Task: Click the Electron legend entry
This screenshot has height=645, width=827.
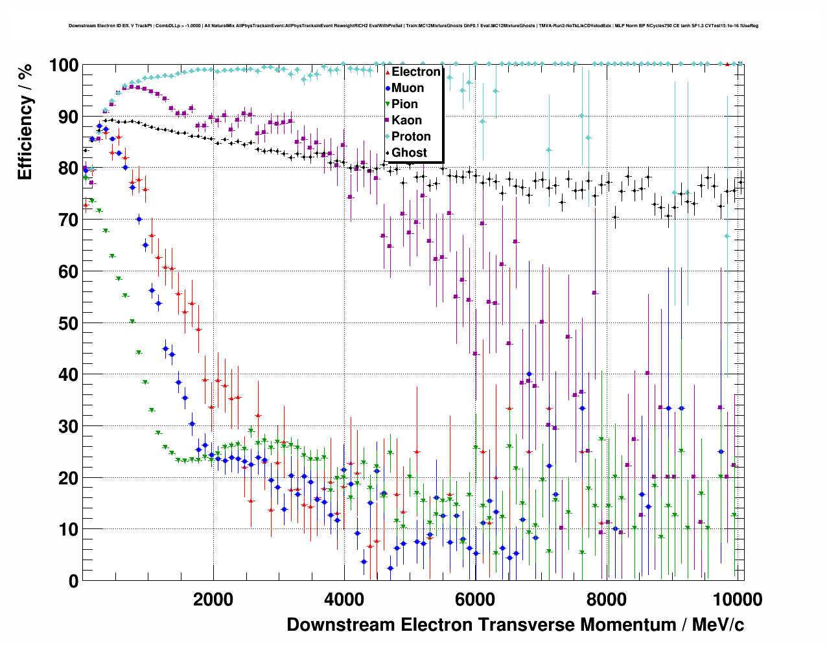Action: pos(415,72)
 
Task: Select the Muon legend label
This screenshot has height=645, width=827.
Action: pos(408,88)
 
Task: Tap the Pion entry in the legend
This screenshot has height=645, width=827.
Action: pos(404,104)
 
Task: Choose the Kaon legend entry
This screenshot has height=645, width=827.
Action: pos(406,120)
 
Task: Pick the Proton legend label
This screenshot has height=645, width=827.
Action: pos(411,137)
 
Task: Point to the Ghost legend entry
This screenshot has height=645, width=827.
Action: pos(409,153)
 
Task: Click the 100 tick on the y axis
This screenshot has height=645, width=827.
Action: pos(64,65)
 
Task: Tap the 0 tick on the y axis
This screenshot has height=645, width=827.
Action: pos(73,581)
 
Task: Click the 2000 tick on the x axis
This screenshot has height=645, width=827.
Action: pos(213,599)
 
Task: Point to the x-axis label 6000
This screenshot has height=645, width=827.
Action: pos(475,599)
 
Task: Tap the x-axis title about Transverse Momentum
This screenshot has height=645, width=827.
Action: pos(515,625)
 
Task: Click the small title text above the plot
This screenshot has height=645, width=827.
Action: pos(413,26)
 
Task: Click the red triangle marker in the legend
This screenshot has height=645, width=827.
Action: pos(388,72)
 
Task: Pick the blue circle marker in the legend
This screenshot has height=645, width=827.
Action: pos(388,88)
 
